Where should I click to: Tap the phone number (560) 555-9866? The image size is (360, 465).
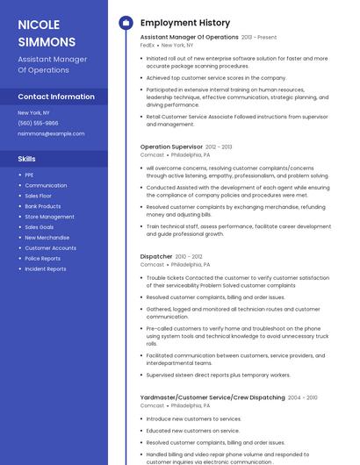point(38,124)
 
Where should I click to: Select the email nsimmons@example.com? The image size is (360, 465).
point(51,134)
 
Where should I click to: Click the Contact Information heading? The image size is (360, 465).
point(55,97)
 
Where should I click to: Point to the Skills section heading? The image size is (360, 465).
point(26,159)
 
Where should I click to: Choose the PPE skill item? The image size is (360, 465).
point(29,175)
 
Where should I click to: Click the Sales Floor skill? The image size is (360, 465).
point(39,196)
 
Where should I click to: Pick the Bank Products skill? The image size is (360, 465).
point(42,206)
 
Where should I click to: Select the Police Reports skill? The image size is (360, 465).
point(42,259)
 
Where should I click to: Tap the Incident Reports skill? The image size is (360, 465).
point(46,269)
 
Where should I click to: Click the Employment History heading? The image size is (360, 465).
point(185,23)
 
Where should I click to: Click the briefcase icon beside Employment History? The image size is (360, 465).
point(125,23)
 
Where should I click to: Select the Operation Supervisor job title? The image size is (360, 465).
point(171,147)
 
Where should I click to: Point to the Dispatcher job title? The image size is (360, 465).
point(156,256)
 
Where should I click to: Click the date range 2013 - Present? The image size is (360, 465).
point(259,38)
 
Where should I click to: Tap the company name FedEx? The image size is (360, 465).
point(148,45)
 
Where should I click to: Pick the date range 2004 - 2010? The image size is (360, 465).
point(303,397)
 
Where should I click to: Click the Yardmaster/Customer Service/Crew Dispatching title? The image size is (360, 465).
point(212,397)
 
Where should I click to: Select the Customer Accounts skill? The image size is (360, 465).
point(50,248)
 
